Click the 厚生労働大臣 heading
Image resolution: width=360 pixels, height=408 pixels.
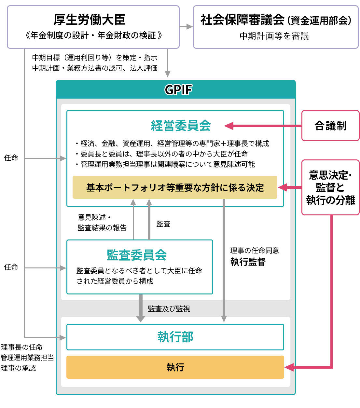point(90,20)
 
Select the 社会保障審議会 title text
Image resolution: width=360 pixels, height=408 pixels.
point(242,20)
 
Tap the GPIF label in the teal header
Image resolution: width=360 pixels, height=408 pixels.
point(178,90)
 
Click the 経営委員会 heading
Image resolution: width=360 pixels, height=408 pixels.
point(181,126)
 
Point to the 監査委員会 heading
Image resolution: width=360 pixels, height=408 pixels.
point(137,255)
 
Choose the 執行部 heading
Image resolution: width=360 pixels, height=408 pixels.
point(175,337)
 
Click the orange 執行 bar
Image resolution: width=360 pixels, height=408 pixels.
point(175,367)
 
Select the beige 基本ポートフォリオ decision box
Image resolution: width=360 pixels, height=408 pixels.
point(175,187)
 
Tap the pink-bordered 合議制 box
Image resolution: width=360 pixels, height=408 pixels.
point(330,126)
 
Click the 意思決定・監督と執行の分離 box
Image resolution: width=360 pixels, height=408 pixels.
point(330,187)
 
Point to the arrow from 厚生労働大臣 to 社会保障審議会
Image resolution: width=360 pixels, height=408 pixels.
point(187,27)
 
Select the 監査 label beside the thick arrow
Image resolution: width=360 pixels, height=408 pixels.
point(163,224)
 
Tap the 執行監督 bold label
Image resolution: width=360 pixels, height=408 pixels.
point(248,262)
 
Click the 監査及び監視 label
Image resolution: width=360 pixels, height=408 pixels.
point(169,309)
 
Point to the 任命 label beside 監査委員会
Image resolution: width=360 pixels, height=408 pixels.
point(11,267)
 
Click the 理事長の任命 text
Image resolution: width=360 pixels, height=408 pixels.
point(21,347)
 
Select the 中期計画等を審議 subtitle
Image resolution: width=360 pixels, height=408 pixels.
point(274,36)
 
